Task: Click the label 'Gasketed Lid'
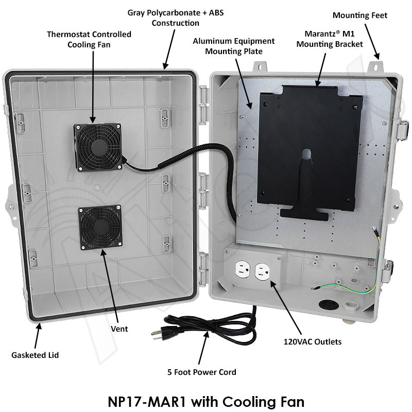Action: point(35,355)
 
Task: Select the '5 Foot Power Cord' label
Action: point(202,372)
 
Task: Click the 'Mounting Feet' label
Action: point(360,15)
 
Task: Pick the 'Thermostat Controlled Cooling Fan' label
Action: point(89,39)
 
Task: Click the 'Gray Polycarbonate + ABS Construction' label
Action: point(165,18)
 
